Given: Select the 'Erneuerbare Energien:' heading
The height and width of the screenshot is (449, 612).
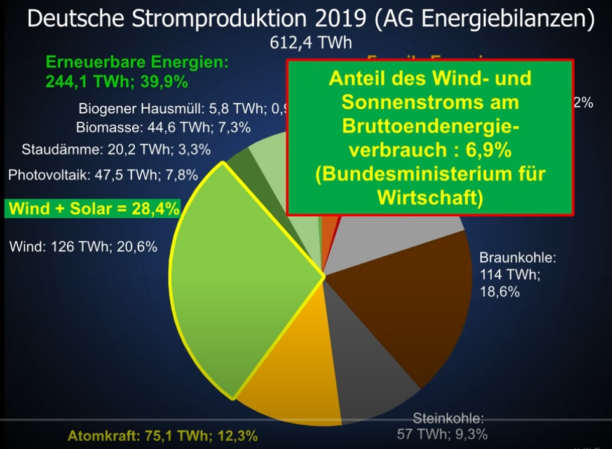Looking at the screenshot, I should pos(137,63).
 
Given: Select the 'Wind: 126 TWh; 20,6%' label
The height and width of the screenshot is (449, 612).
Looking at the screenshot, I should pos(83,246).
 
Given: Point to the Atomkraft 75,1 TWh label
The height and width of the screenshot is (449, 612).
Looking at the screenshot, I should pos(163,436).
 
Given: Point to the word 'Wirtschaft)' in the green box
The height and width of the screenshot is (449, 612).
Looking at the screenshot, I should pos(430,197).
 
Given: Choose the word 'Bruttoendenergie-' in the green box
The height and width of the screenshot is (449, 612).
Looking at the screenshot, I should pos(430,126).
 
